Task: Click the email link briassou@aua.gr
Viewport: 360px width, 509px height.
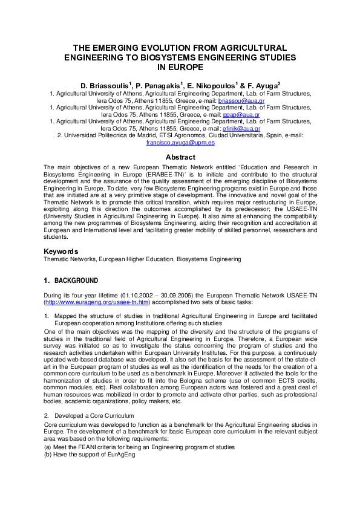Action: click(x=239, y=101)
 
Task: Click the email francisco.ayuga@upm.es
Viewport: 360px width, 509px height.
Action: click(x=180, y=143)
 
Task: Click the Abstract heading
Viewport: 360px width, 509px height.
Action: click(x=180, y=157)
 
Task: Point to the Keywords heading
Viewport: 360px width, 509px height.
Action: click(x=61, y=251)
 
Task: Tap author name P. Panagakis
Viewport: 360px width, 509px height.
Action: click(x=154, y=86)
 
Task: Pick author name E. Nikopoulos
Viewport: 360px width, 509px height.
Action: click(x=209, y=86)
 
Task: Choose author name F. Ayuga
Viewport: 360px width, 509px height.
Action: click(x=261, y=86)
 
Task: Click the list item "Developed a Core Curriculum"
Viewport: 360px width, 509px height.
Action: click(x=93, y=417)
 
